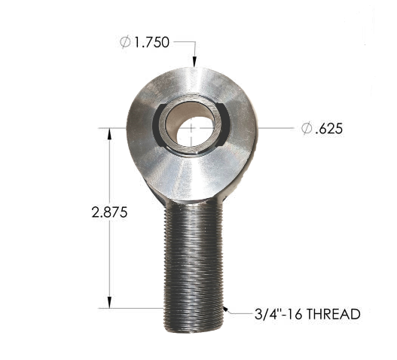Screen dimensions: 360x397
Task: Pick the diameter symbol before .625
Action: [x=307, y=129]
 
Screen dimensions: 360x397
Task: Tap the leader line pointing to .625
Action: [x=275, y=128]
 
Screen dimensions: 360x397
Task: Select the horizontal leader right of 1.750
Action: [x=185, y=43]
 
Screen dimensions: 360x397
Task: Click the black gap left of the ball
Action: [x=159, y=124]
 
